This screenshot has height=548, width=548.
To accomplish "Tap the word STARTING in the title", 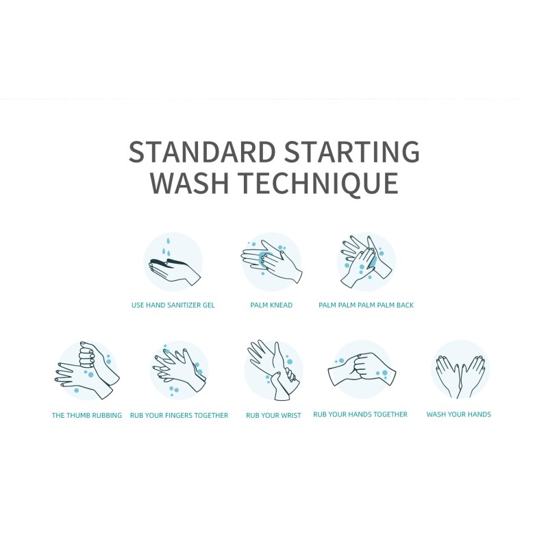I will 356,151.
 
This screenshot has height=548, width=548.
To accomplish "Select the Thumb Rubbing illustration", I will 86,371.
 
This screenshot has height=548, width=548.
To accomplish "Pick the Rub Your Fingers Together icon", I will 179,371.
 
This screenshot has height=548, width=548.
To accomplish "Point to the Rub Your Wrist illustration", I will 273,371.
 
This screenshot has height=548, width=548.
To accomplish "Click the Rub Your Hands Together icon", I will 360,370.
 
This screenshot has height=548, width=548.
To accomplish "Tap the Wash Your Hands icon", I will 460,370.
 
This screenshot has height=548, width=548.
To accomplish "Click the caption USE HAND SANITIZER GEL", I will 173,305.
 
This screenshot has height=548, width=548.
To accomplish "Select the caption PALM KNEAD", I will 271,305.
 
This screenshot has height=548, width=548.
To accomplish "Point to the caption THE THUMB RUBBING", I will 87,415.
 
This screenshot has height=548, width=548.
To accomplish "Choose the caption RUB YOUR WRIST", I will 273,416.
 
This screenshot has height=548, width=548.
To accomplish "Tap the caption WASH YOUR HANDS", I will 458,414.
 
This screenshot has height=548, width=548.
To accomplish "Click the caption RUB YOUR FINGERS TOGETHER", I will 179,416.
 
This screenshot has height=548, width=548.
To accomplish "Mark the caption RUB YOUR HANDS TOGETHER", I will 360,414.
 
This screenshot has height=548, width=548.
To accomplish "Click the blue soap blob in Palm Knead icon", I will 263,258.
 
